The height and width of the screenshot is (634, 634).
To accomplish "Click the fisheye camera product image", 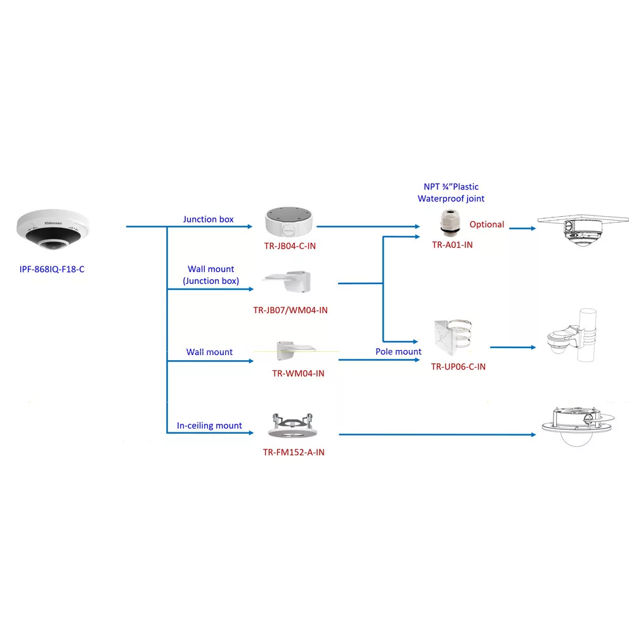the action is point(53,230).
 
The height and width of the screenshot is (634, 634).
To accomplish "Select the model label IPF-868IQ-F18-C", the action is point(52,269).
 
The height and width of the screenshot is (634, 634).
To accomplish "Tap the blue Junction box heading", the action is point(208,219).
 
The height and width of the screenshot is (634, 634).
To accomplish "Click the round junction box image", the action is point(288,221).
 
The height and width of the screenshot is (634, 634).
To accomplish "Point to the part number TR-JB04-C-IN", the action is point(290,246).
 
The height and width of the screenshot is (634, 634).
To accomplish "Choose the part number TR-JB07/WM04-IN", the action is point(290,310).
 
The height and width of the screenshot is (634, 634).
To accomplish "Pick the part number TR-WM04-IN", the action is point(298,373).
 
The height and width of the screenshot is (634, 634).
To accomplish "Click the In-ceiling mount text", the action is point(209,425).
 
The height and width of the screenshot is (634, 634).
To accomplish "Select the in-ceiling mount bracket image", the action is point(292,426).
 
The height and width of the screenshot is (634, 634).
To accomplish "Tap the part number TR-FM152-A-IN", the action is point(294,452).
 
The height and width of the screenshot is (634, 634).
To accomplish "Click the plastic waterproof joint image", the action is point(450,223).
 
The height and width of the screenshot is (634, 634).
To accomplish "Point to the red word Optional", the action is point(487,224).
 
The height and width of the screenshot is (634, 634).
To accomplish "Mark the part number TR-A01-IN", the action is point(452,245).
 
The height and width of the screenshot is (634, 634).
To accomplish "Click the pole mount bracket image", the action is point(453,337).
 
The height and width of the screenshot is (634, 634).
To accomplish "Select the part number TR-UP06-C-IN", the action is point(458,366).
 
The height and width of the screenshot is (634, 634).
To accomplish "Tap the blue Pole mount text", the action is point(398,351).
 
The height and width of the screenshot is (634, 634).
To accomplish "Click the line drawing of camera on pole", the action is point(572,335).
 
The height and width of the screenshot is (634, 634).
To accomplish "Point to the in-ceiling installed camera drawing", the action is point(578,427).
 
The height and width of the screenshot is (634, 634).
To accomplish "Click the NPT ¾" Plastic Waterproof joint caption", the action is point(451,193).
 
